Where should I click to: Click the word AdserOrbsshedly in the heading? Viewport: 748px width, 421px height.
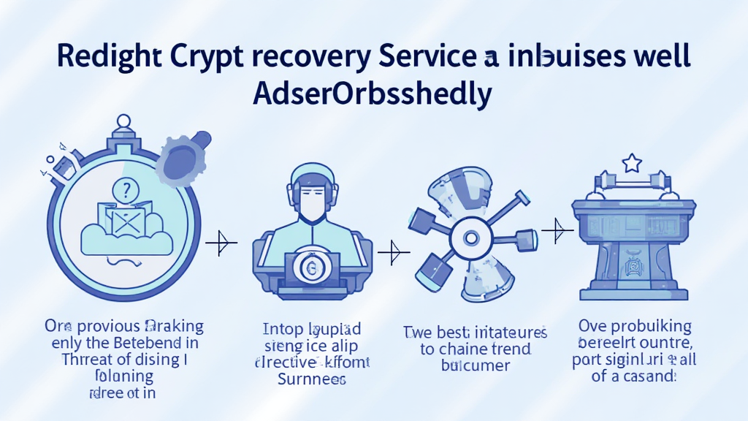click(373, 94)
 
